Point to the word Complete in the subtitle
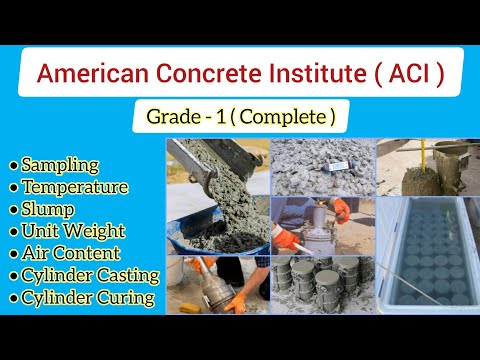pyautogui.click(x=284, y=117)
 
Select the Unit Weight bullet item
pyautogui.click(x=72, y=231)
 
